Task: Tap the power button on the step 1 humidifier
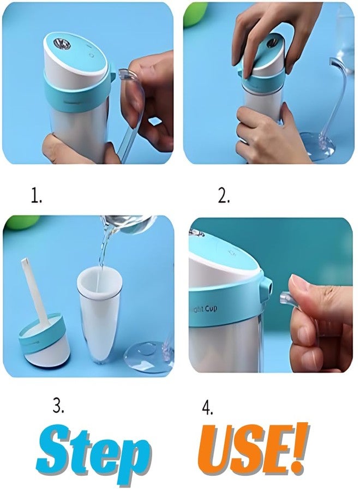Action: pos(93,55)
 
